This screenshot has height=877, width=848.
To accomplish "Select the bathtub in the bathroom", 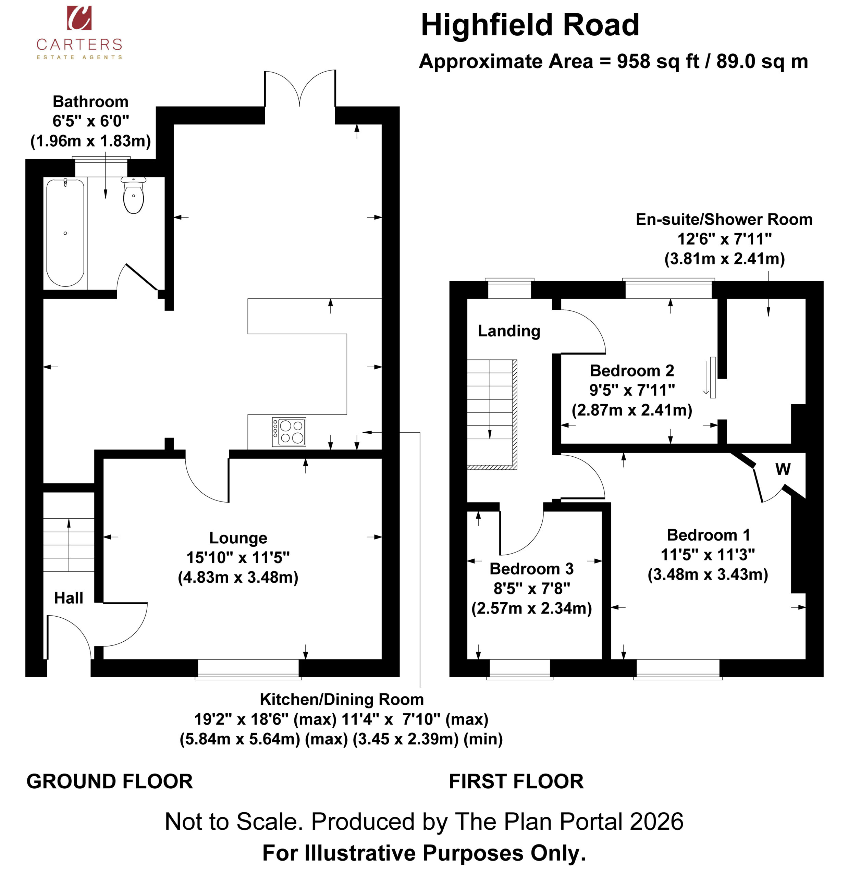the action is pyautogui.click(x=65, y=233).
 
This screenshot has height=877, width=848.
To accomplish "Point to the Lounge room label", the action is pyautogui.click(x=238, y=538).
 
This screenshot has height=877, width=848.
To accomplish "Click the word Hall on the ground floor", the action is pyautogui.click(x=69, y=598).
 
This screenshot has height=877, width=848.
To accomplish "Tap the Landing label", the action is pyautogui.click(x=509, y=331).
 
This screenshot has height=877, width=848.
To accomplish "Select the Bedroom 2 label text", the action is pyautogui.click(x=632, y=370).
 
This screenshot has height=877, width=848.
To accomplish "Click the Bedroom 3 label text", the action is pyautogui.click(x=532, y=568).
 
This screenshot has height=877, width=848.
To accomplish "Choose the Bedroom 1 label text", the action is pyautogui.click(x=708, y=535).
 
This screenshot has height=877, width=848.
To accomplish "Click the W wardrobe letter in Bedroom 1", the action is pyautogui.click(x=783, y=469).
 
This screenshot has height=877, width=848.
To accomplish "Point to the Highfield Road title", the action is pyautogui.click(x=530, y=25).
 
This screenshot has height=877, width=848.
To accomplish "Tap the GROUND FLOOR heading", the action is pyautogui.click(x=110, y=781).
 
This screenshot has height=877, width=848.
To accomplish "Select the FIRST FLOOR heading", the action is pyautogui.click(x=516, y=781).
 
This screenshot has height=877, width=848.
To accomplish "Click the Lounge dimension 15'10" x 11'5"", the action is pyautogui.click(x=238, y=557).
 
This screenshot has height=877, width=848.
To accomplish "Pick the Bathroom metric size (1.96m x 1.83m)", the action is pyautogui.click(x=90, y=141).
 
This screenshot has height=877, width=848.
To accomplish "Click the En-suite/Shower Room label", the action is pyautogui.click(x=724, y=219).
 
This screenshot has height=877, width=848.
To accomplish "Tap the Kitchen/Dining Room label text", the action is pyautogui.click(x=342, y=699).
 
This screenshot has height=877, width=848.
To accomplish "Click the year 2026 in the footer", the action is pyautogui.click(x=656, y=822).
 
